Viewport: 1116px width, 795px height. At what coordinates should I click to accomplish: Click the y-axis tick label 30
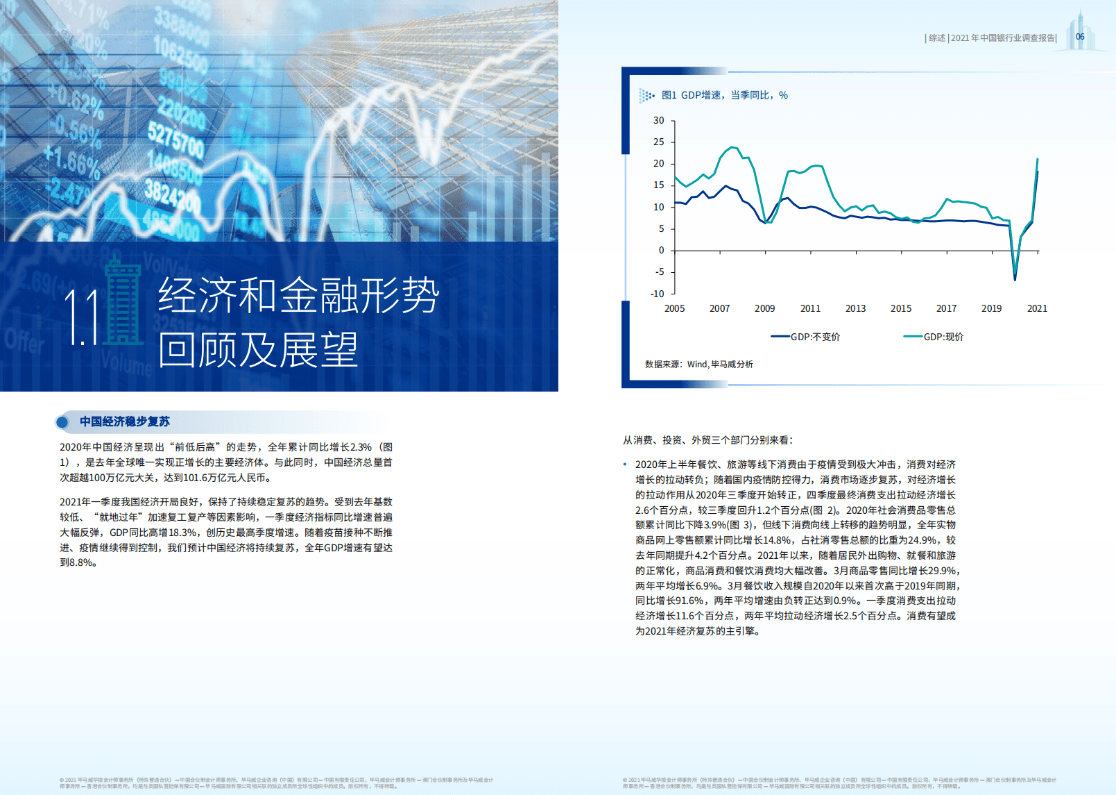click(x=658, y=120)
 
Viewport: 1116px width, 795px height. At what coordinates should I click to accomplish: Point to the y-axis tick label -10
click(x=657, y=294)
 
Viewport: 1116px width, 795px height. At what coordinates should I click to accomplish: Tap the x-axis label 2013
click(x=855, y=308)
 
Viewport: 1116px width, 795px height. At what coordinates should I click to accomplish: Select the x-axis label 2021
click(x=1037, y=308)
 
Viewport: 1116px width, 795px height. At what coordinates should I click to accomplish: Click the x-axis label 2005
click(x=674, y=308)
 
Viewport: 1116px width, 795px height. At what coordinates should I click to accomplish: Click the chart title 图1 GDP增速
click(x=724, y=95)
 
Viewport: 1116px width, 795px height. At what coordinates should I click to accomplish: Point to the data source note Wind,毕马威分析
click(x=719, y=364)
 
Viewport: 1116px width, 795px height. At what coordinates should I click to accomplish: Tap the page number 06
click(x=1080, y=37)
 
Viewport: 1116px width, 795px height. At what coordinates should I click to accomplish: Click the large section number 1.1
click(x=82, y=318)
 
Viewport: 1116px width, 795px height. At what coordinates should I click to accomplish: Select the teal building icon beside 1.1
click(x=123, y=302)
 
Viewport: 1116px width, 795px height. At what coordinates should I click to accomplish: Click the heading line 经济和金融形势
click(x=298, y=295)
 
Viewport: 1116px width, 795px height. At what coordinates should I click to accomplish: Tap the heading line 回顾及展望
click(x=257, y=349)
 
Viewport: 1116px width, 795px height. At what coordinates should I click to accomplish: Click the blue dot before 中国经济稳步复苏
click(x=62, y=421)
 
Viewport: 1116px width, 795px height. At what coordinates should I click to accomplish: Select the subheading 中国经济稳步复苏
click(x=124, y=421)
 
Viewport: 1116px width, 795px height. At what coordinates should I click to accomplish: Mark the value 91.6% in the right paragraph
click(x=689, y=601)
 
